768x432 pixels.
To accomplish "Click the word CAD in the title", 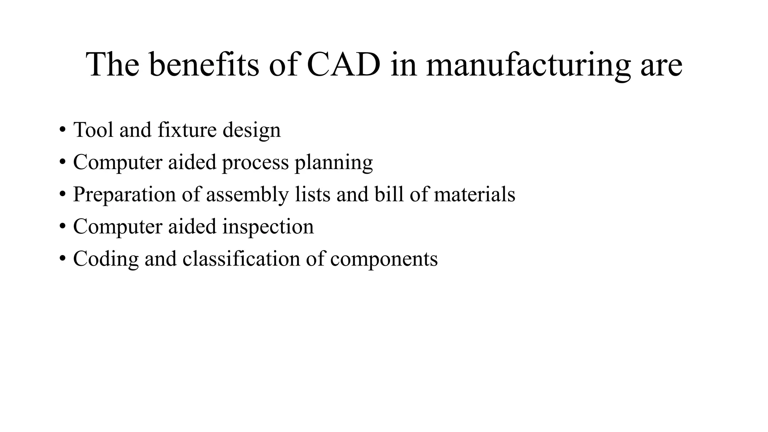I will pos(343,64).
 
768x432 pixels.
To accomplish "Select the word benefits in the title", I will pos(204,64).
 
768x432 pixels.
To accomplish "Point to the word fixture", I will pos(187,130).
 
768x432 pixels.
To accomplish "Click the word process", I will pos(255,163).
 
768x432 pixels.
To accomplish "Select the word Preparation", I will pos(124,195).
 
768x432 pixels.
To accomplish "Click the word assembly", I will pos(247,195).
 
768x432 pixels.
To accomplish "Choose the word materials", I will pos(474,194).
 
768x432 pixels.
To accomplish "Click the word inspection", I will pos(268,227).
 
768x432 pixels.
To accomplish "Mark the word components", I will pos(384,259).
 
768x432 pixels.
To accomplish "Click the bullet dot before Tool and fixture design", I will pos(62,130).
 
